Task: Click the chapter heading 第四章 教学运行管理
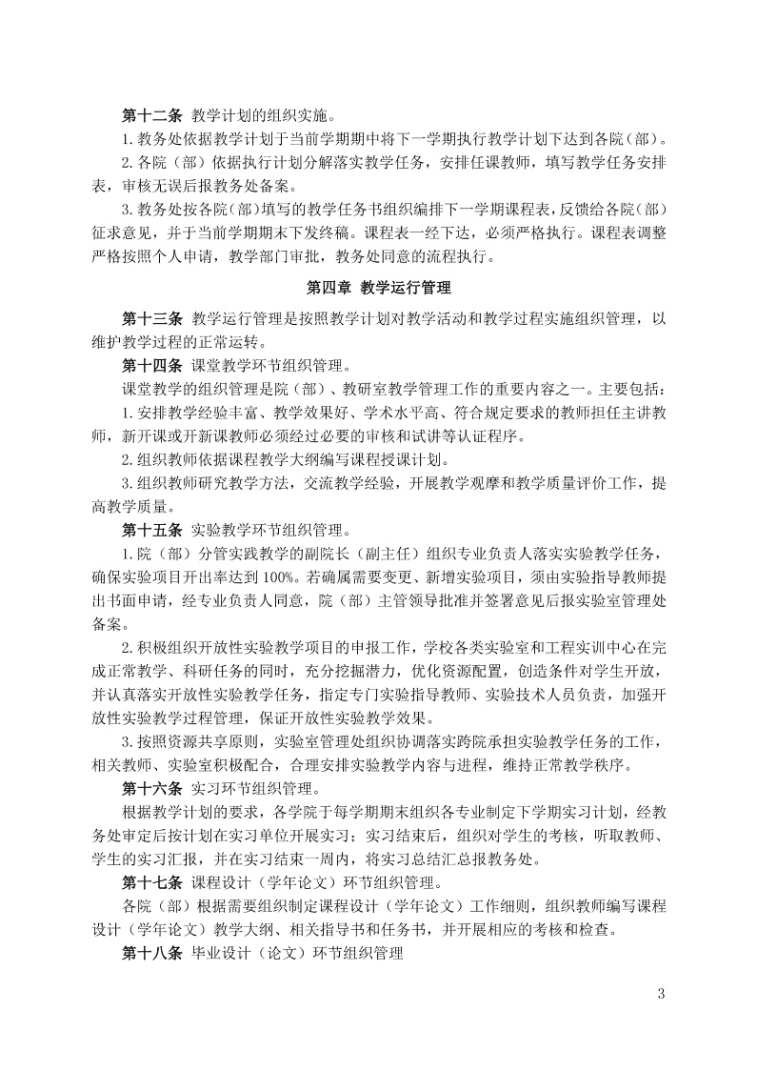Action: (x=378, y=287)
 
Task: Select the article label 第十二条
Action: (x=151, y=116)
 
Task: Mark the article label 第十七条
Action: (x=151, y=879)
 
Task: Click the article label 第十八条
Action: (x=151, y=948)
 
